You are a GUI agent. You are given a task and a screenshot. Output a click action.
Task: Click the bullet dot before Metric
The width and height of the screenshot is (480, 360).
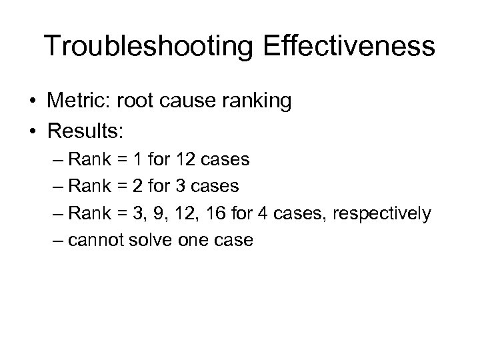pos(32,101)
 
